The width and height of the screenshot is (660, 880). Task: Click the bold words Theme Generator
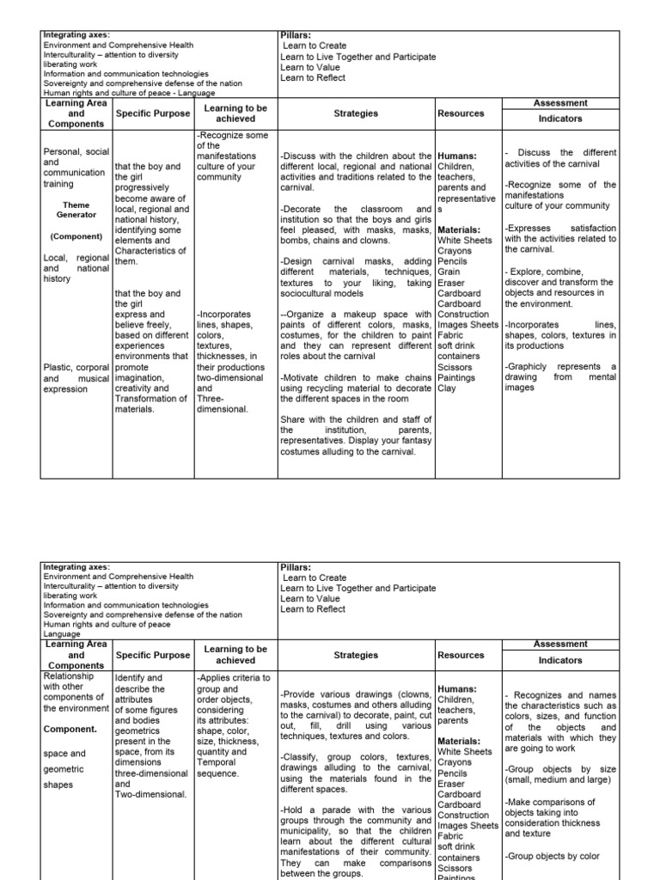(76, 211)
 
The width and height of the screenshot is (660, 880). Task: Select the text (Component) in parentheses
(76, 235)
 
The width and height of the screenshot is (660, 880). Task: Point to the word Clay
(448, 388)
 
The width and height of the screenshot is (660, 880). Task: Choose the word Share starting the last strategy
(292, 419)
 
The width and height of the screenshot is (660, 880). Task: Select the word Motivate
(303, 377)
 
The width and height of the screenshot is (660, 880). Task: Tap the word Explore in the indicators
(529, 272)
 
